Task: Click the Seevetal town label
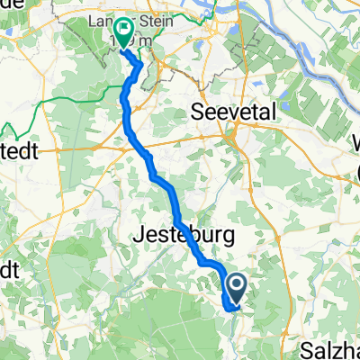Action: [233, 112]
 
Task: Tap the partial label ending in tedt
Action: [18, 152]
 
